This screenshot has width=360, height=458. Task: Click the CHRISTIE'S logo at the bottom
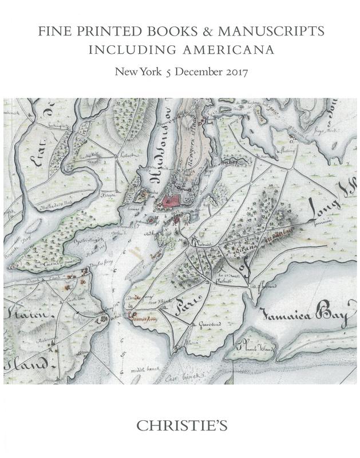pos(180,426)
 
